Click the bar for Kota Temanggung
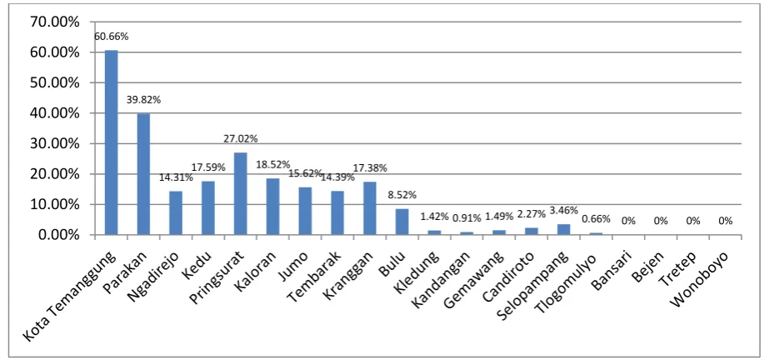click(x=112, y=142)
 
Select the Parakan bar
click(x=143, y=174)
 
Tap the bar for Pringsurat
click(x=240, y=193)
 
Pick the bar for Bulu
click(x=402, y=222)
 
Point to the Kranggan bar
click(x=369, y=208)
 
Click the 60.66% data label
click(x=112, y=37)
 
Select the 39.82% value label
click(x=143, y=100)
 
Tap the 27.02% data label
click(x=240, y=139)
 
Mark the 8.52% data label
click(x=402, y=195)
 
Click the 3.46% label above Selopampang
click(x=563, y=212)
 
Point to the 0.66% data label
click(x=596, y=219)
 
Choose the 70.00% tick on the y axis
click(x=55, y=22)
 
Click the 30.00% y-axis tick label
click(x=55, y=143)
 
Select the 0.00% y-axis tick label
click(x=58, y=235)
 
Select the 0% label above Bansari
click(x=628, y=221)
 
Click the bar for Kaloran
click(x=272, y=207)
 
